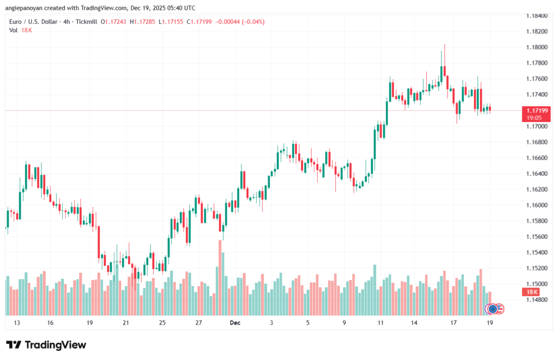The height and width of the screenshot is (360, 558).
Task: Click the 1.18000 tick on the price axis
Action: click(536, 47)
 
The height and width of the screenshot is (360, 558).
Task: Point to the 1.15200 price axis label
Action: click(536, 268)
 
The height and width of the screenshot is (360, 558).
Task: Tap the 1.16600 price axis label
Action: click(536, 158)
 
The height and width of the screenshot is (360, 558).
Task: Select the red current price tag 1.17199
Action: click(536, 111)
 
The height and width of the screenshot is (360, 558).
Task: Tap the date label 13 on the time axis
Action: click(17, 323)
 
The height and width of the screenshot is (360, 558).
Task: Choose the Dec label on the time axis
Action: click(235, 323)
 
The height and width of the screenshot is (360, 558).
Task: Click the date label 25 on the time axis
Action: click(162, 323)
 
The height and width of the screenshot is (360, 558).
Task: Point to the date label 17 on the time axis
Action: click(453, 323)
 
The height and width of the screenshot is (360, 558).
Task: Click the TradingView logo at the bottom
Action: click(46, 345)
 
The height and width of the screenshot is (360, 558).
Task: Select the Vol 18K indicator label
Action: click(21, 30)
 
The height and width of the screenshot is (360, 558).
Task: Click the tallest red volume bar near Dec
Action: click(221, 278)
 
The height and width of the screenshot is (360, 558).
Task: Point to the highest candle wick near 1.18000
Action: click(445, 46)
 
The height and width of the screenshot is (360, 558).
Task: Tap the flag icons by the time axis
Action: click(495, 309)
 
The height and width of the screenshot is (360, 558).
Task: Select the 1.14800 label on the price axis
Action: click(536, 300)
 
